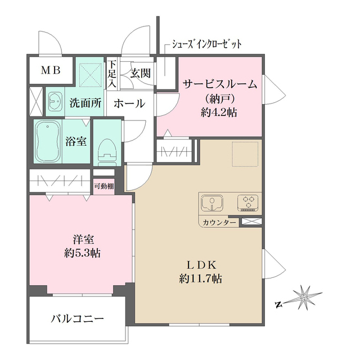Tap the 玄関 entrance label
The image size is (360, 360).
pos(140,73)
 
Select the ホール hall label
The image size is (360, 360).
pos(129,103)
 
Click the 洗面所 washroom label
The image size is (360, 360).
pos(85,103)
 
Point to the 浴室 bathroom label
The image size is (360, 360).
pos(75,141)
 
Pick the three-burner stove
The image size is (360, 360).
pos(248,202)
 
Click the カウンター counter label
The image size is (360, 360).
pos(220,223)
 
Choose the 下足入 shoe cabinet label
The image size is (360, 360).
pos(112,73)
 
